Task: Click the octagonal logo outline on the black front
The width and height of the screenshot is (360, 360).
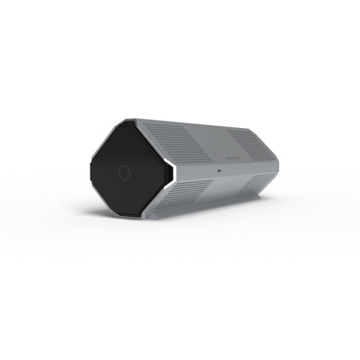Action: click(125, 172)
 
